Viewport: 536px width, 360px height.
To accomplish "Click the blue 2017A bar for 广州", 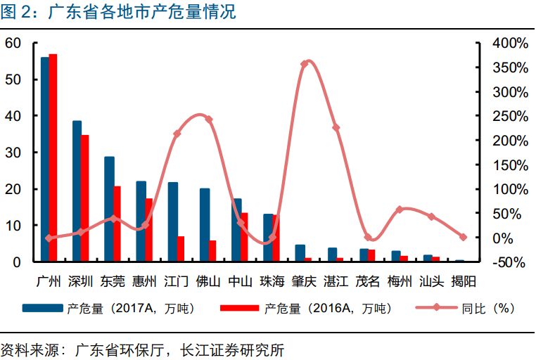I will pyautogui.click(x=44, y=159).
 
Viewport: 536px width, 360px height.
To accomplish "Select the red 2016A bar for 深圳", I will pyautogui.click(x=84, y=198).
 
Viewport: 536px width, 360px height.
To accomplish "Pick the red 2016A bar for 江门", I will pyautogui.click(x=180, y=249).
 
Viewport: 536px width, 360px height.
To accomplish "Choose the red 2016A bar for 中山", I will pyautogui.click(x=244, y=237).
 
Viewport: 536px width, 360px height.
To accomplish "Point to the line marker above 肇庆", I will pyautogui.click(x=305, y=64).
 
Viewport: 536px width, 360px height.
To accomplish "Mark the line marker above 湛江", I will pyautogui.click(x=336, y=127).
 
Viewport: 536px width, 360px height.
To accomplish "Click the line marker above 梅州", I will pyautogui.click(x=400, y=210).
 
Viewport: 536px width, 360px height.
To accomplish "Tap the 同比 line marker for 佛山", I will pyautogui.click(x=209, y=119).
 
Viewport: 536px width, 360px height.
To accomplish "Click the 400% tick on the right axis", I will pyautogui.click(x=511, y=43).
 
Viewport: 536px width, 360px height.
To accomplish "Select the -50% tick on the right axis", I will pyautogui.click(x=511, y=262).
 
